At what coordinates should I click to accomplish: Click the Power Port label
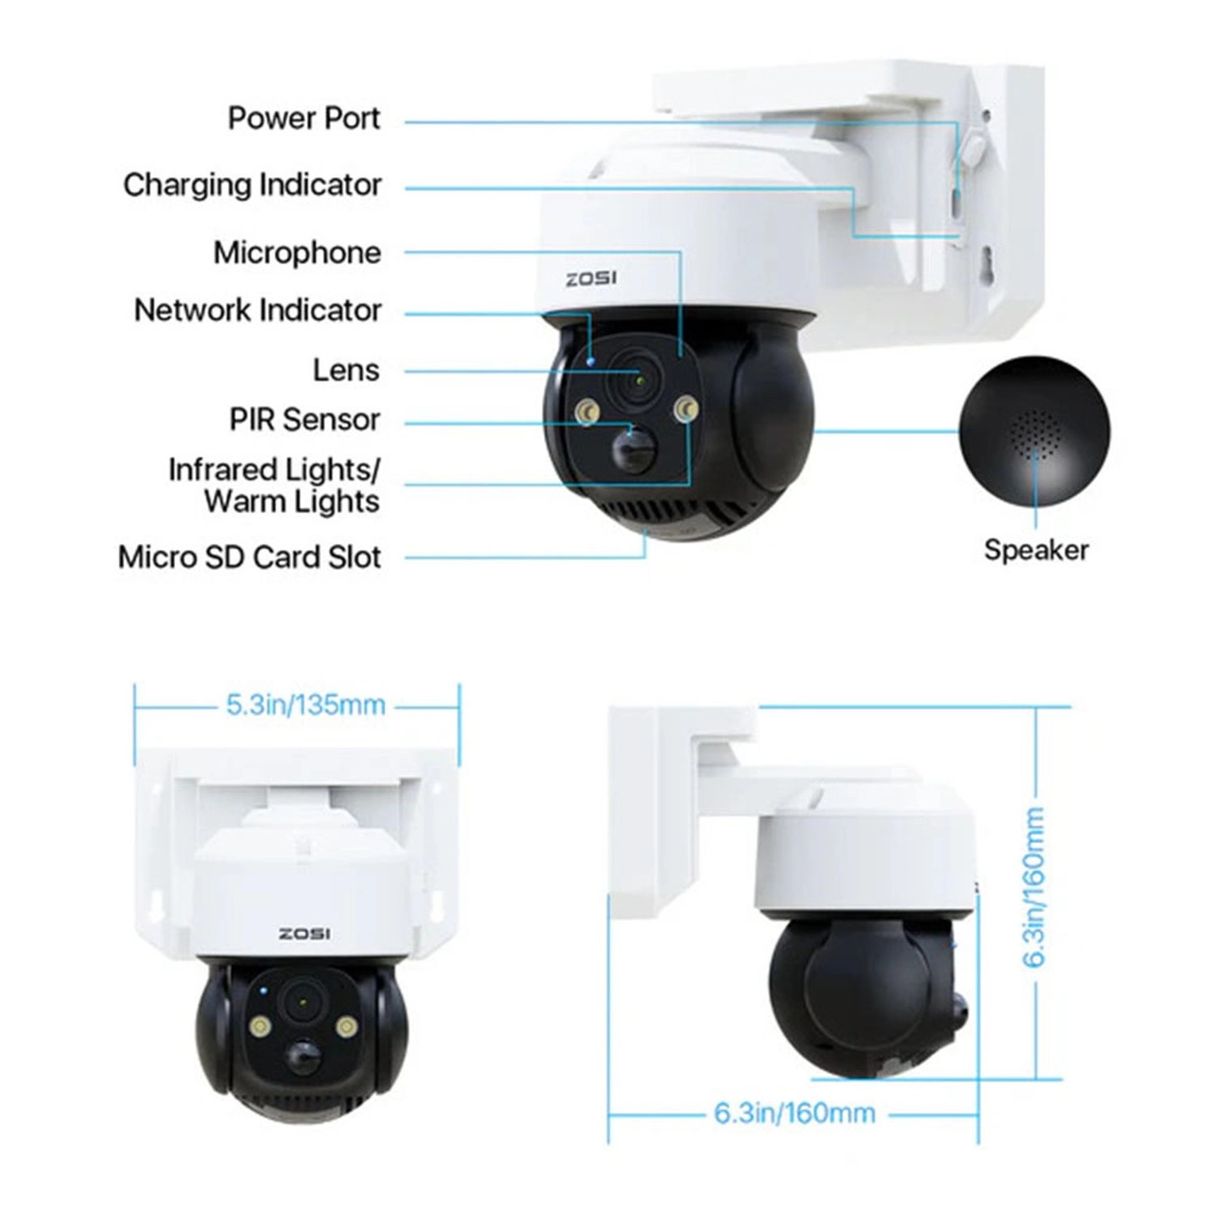304,118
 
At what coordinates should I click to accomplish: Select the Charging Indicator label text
252,185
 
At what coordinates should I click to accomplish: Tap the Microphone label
296,252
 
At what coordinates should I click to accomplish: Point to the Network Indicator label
258,310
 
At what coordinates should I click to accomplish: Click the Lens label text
346,370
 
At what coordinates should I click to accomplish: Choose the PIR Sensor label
305,420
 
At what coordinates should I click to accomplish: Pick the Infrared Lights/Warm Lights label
274,485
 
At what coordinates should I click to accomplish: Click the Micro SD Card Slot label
249,557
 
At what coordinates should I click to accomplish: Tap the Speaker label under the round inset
1036,550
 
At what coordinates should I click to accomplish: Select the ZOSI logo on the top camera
591,279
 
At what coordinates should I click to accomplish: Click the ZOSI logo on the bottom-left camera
305,934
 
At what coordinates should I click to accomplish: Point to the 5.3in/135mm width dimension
305,705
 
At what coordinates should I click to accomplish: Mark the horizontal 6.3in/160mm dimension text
794,1113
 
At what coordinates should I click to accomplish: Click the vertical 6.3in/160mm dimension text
1034,887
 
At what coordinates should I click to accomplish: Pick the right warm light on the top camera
688,410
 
